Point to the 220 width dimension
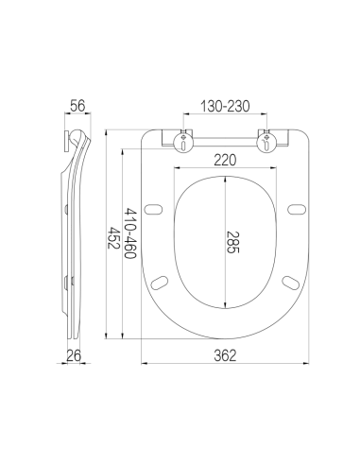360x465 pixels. pyautogui.click(x=225, y=162)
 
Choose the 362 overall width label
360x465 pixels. pyautogui.click(x=225, y=354)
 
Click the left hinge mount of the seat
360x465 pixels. pyautogui.click(x=181, y=142)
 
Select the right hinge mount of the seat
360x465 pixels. pyautogui.click(x=268, y=142)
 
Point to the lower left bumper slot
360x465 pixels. pyautogui.click(x=160, y=280)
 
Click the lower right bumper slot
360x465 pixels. pyautogui.click(x=289, y=280)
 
